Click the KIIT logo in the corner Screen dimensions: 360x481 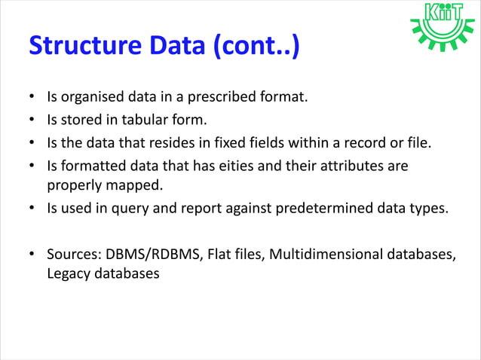(x=443, y=26)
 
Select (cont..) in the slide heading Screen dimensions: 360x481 (x=258, y=46)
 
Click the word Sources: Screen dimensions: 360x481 (x=72, y=254)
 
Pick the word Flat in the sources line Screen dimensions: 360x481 (x=219, y=254)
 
